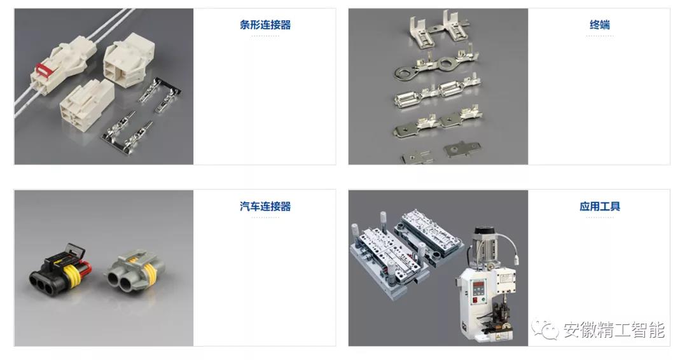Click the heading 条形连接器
pyautogui.click(x=265, y=25)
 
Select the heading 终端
pyautogui.click(x=599, y=25)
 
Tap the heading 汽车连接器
pyautogui.click(x=265, y=206)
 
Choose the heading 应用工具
pyautogui.click(x=599, y=206)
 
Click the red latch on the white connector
pyautogui.click(x=43, y=69)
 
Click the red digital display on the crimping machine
pyautogui.click(x=476, y=287)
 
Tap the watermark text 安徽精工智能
pyautogui.click(x=613, y=329)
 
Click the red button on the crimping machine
pyautogui.click(x=475, y=301)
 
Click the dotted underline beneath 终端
pyautogui.click(x=599, y=36)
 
